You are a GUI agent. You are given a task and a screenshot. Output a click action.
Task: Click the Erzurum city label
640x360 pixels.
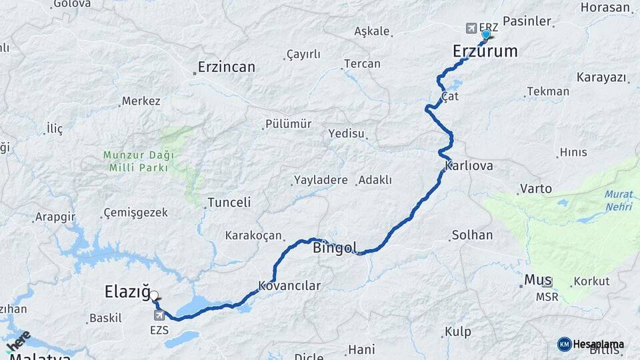[x=485, y=51]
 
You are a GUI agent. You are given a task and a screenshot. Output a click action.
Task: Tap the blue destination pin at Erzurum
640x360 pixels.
[x=486, y=35]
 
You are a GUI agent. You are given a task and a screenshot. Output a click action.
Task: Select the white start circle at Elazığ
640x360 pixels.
[x=154, y=295]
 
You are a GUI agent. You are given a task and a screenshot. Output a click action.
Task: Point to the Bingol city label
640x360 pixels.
[x=335, y=248]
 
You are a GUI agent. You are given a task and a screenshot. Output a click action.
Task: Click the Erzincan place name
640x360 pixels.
[x=227, y=67]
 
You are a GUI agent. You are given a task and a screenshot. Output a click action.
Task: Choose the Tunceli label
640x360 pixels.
[x=229, y=202]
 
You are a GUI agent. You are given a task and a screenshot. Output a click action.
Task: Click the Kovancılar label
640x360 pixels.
[x=289, y=285]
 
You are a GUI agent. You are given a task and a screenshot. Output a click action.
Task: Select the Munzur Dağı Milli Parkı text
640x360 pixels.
[x=139, y=161]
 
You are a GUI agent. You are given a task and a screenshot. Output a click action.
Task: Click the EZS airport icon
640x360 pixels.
[x=159, y=315]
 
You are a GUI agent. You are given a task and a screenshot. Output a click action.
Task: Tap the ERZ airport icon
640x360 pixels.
[x=472, y=28]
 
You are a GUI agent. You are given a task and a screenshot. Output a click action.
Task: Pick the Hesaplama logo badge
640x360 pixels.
[x=591, y=344]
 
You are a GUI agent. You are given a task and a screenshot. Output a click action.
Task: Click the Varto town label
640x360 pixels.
[x=536, y=189]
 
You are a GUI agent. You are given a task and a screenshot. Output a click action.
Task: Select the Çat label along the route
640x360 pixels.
[x=450, y=97]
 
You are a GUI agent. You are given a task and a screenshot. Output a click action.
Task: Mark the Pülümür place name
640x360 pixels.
[x=288, y=124]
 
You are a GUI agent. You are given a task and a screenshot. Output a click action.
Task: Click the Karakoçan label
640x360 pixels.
[x=254, y=235]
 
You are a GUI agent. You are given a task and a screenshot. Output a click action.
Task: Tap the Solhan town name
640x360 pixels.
[x=472, y=235]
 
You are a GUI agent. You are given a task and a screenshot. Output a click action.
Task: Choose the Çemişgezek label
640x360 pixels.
[x=135, y=213]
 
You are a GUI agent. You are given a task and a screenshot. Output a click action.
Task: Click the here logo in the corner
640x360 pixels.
[x=18, y=341]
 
